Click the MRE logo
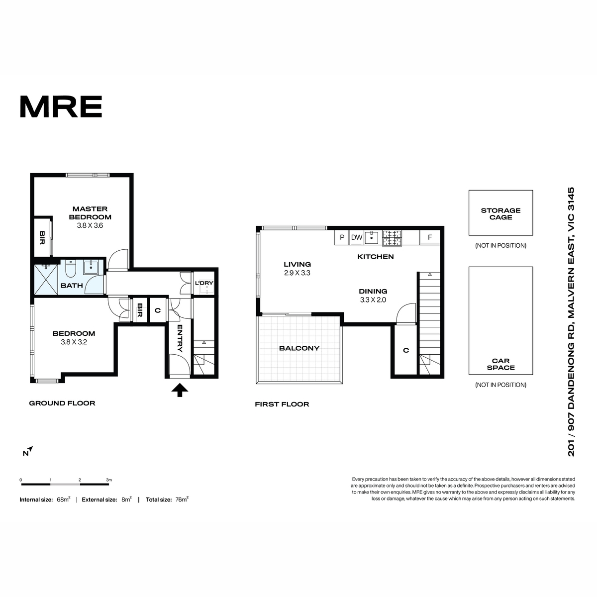coord(61,106)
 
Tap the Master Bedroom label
coord(90,213)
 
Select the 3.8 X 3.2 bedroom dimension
coord(74,342)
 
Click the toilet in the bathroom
coord(71,269)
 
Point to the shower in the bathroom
coord(46,280)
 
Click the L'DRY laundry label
coord(204,283)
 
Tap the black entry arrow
coord(180,390)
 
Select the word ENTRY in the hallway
coord(180,338)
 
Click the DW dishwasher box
coord(357,237)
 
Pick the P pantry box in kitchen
coord(342,237)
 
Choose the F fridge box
coord(430,237)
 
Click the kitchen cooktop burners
coord(392,238)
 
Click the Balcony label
coord(299,348)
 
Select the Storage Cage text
coord(500,214)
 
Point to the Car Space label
coord(500,364)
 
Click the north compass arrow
coord(30,449)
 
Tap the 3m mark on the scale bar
coord(109,480)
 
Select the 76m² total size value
coord(182,499)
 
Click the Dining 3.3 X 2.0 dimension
coord(373,300)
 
